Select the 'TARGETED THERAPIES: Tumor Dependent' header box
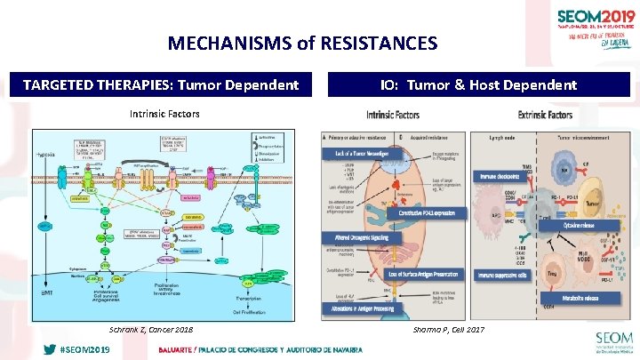[161, 85]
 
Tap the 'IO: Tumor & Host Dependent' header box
[478, 85]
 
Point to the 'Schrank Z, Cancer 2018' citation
[150, 330]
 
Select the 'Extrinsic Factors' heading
[545, 115]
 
